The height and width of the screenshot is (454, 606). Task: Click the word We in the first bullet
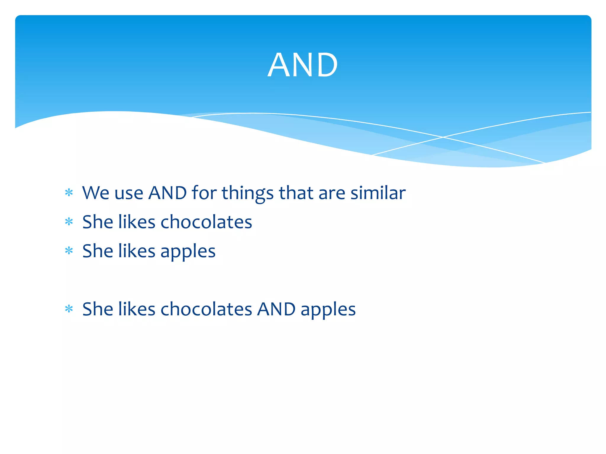point(96,193)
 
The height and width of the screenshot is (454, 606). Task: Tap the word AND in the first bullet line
point(167,193)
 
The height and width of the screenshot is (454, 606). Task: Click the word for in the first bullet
point(204,193)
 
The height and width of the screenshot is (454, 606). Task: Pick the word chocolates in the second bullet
point(206,222)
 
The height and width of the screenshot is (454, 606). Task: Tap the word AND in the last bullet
point(276,309)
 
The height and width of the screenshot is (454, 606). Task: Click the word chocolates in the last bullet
point(206,309)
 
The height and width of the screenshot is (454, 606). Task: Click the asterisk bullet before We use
point(69,193)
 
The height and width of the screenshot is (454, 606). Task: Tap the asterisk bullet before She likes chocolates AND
point(69,309)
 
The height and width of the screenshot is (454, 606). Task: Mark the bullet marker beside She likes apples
point(69,251)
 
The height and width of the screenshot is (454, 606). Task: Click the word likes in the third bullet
point(137,251)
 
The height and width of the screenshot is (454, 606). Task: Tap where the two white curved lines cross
point(443,137)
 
